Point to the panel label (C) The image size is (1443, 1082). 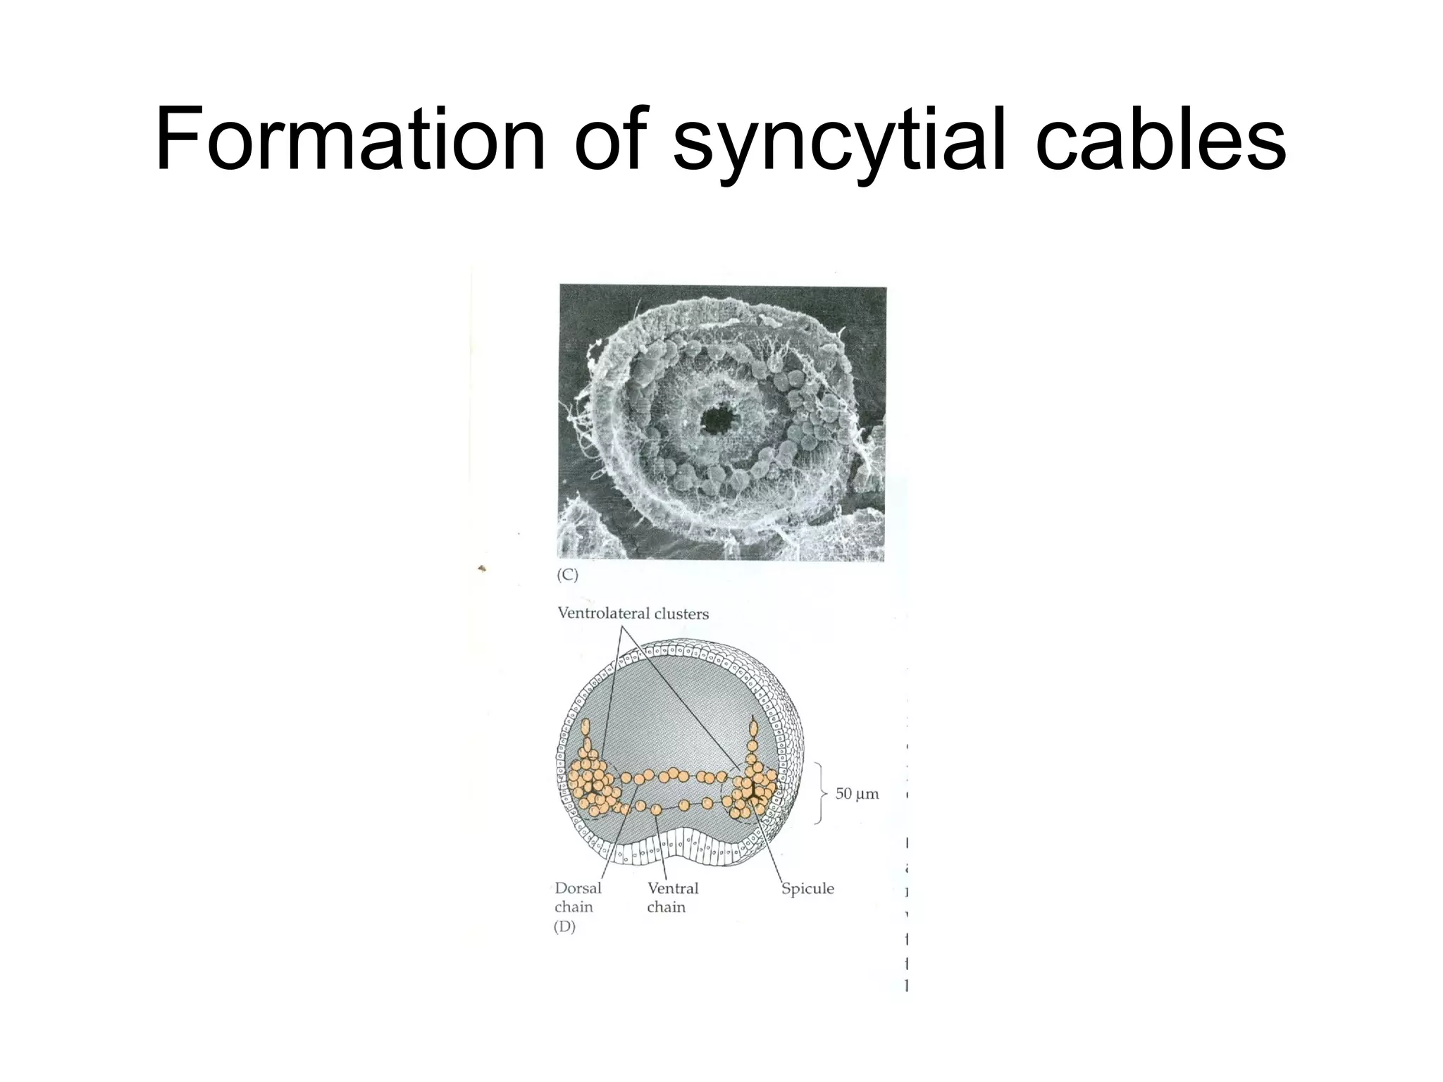pyautogui.click(x=567, y=576)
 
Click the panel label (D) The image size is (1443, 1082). pyautogui.click(x=564, y=927)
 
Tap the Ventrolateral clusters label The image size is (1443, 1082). pyautogui.click(x=633, y=614)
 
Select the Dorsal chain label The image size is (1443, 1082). pyautogui.click(x=577, y=897)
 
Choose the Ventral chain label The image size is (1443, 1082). pyautogui.click(x=672, y=897)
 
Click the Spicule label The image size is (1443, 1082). pyautogui.click(x=807, y=889)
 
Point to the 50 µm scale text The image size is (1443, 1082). pyautogui.click(x=857, y=794)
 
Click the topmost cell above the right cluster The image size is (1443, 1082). pyautogui.click(x=753, y=726)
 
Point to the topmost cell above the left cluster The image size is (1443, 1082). pyautogui.click(x=586, y=728)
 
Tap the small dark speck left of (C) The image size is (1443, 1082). pyautogui.click(x=482, y=568)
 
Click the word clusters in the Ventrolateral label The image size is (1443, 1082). pyautogui.click(x=681, y=614)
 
